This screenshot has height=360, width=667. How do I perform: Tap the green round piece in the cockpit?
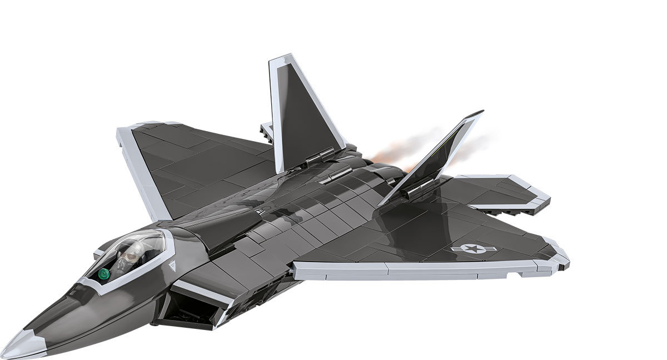(x=103, y=273)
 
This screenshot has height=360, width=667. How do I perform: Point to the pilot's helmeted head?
(x=130, y=256)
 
